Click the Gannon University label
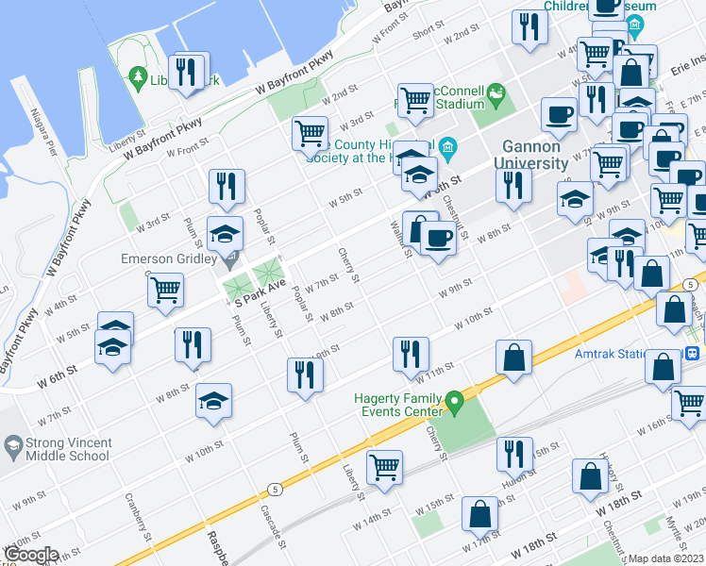(531, 155)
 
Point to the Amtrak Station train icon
(692, 354)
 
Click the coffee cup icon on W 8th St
(438, 238)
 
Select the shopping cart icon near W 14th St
(384, 466)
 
